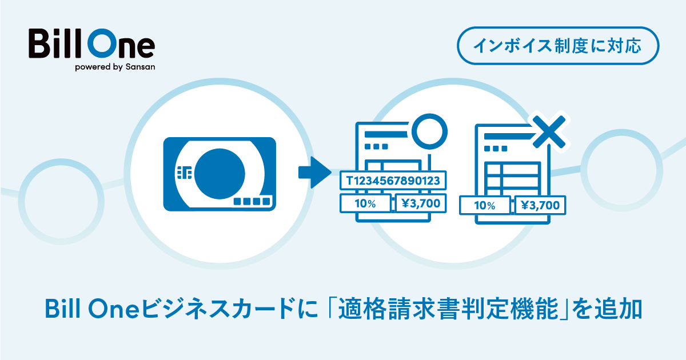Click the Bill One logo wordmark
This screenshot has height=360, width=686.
coord(91,43)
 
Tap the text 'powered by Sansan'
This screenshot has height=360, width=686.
coord(115,66)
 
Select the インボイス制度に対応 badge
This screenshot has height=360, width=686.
coord(559,45)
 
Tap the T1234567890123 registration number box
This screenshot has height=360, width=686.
coord(393,181)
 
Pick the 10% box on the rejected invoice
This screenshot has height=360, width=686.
coord(484,206)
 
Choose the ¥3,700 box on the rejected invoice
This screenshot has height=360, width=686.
coord(540,206)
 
